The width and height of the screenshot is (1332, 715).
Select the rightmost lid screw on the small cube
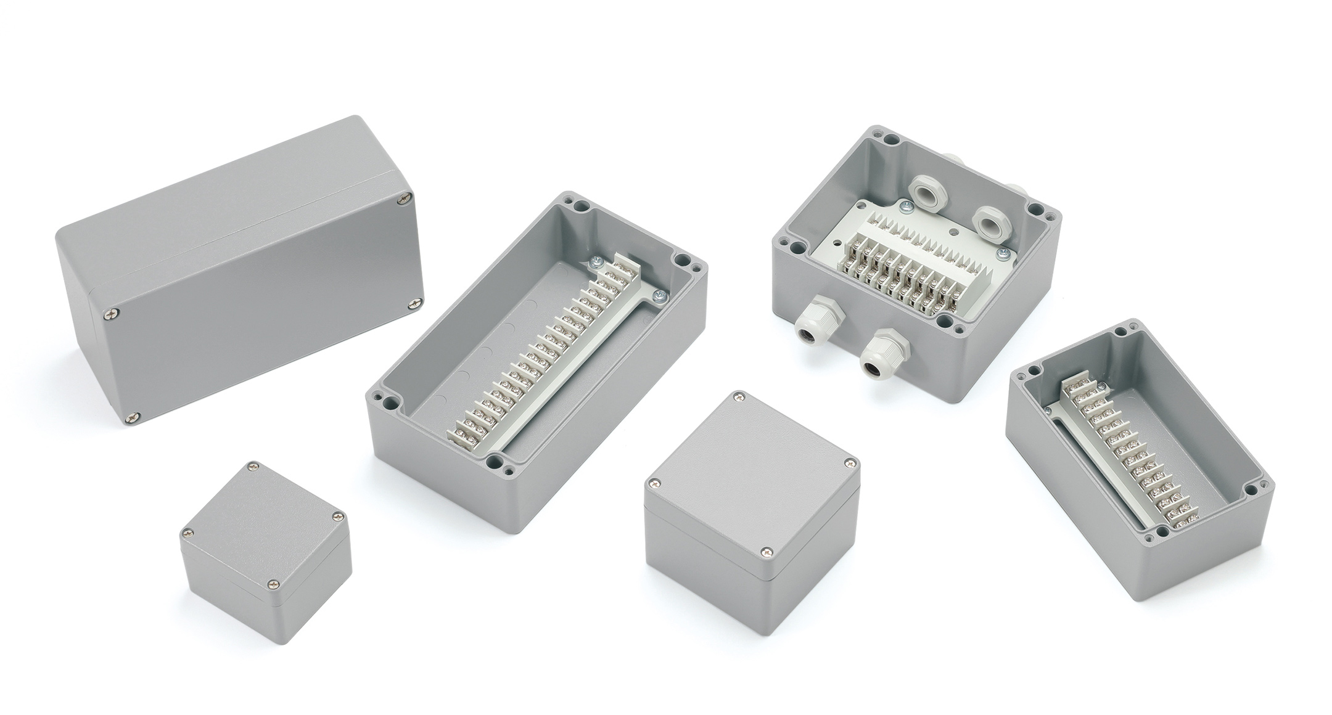[x=336, y=517]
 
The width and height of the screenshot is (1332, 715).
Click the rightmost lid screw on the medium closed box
[x=851, y=461]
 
